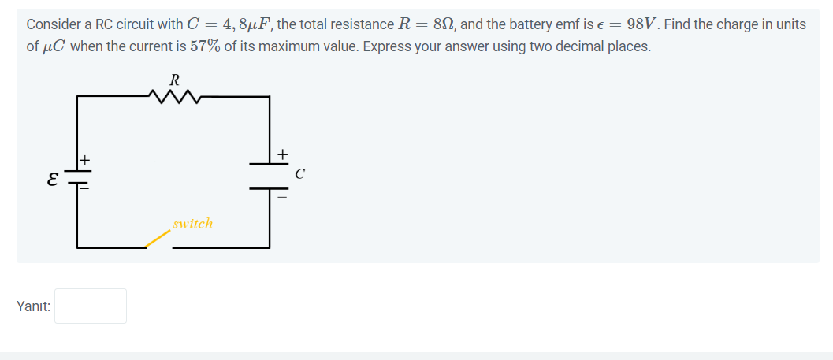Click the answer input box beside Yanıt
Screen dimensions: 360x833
pyautogui.click(x=91, y=306)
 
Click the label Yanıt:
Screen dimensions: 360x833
pyautogui.click(x=33, y=306)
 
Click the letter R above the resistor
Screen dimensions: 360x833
pyautogui.click(x=175, y=79)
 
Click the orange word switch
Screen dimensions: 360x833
pyautogui.click(x=192, y=224)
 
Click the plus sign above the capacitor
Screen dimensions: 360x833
pyautogui.click(x=282, y=152)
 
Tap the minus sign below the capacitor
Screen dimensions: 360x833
pyautogui.click(x=282, y=197)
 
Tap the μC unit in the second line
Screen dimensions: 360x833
pyautogui.click(x=56, y=46)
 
